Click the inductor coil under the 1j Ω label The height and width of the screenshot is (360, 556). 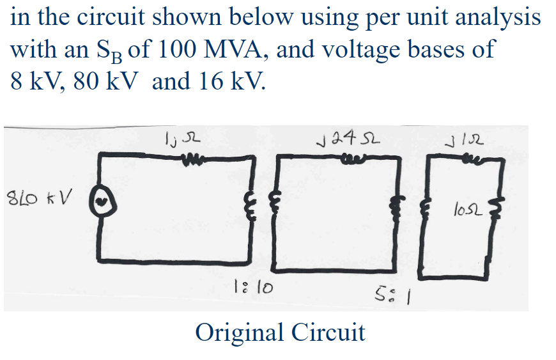pos(191,155)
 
